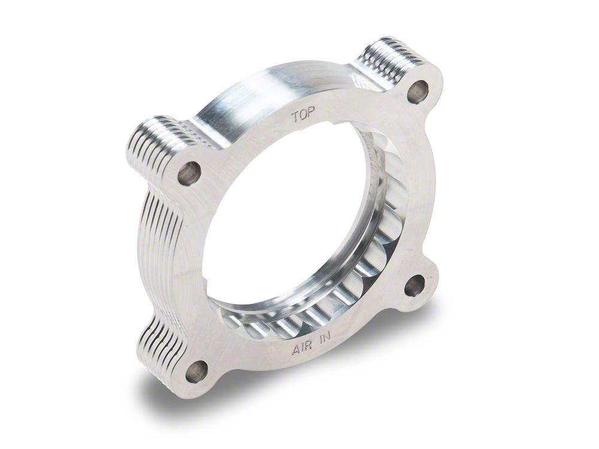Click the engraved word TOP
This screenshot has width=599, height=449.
[x=303, y=116]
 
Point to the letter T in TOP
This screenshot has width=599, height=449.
[x=295, y=114]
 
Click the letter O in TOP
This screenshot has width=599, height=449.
[x=303, y=116]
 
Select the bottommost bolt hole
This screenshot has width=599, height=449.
[x=196, y=372]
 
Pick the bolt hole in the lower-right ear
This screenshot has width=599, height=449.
[x=414, y=286]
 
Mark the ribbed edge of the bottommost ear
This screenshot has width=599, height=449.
[x=157, y=347]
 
